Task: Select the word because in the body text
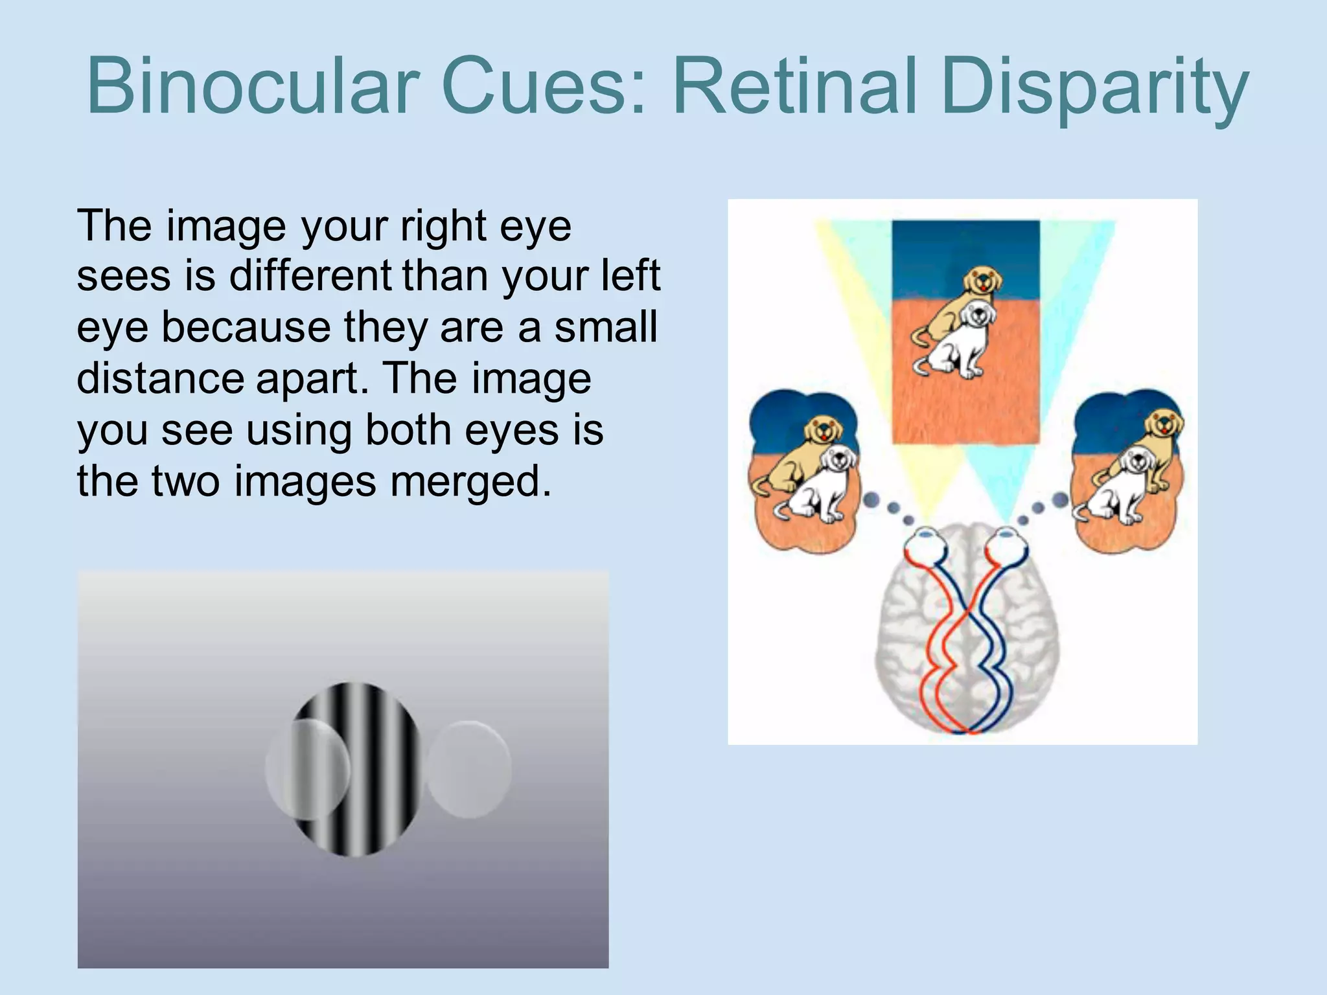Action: (x=246, y=327)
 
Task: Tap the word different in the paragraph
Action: (x=311, y=276)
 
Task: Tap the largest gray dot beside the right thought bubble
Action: (x=1060, y=499)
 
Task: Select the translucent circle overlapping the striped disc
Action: (x=307, y=769)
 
